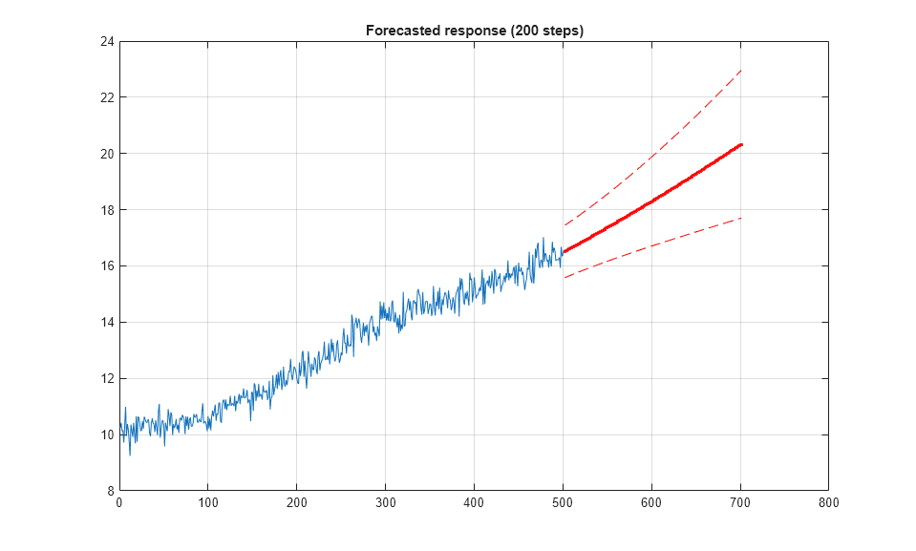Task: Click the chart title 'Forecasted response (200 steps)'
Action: pyautogui.click(x=474, y=31)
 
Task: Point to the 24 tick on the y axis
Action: pyautogui.click(x=107, y=42)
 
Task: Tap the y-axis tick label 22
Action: pyautogui.click(x=107, y=97)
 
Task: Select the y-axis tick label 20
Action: pyautogui.click(x=107, y=154)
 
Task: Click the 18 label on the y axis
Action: pyautogui.click(x=107, y=210)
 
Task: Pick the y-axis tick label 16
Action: pyautogui.click(x=107, y=265)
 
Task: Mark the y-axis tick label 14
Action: pyautogui.click(x=107, y=322)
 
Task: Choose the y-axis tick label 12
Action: pyautogui.click(x=107, y=378)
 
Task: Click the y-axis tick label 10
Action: pyautogui.click(x=107, y=434)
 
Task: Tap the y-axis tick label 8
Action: pyautogui.click(x=110, y=490)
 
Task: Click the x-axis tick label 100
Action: pyautogui.click(x=208, y=502)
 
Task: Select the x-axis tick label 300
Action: pyautogui.click(x=385, y=502)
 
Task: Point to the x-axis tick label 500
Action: pyautogui.click(x=563, y=502)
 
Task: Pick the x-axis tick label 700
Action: pyautogui.click(x=739, y=502)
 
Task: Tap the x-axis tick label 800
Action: pyautogui.click(x=828, y=502)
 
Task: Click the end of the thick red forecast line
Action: pyautogui.click(x=741, y=144)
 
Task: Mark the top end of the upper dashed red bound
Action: pyautogui.click(x=741, y=70)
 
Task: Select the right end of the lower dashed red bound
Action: pyautogui.click(x=741, y=219)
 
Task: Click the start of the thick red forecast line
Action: pyautogui.click(x=564, y=252)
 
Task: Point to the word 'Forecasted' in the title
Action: pyautogui.click(x=400, y=31)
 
